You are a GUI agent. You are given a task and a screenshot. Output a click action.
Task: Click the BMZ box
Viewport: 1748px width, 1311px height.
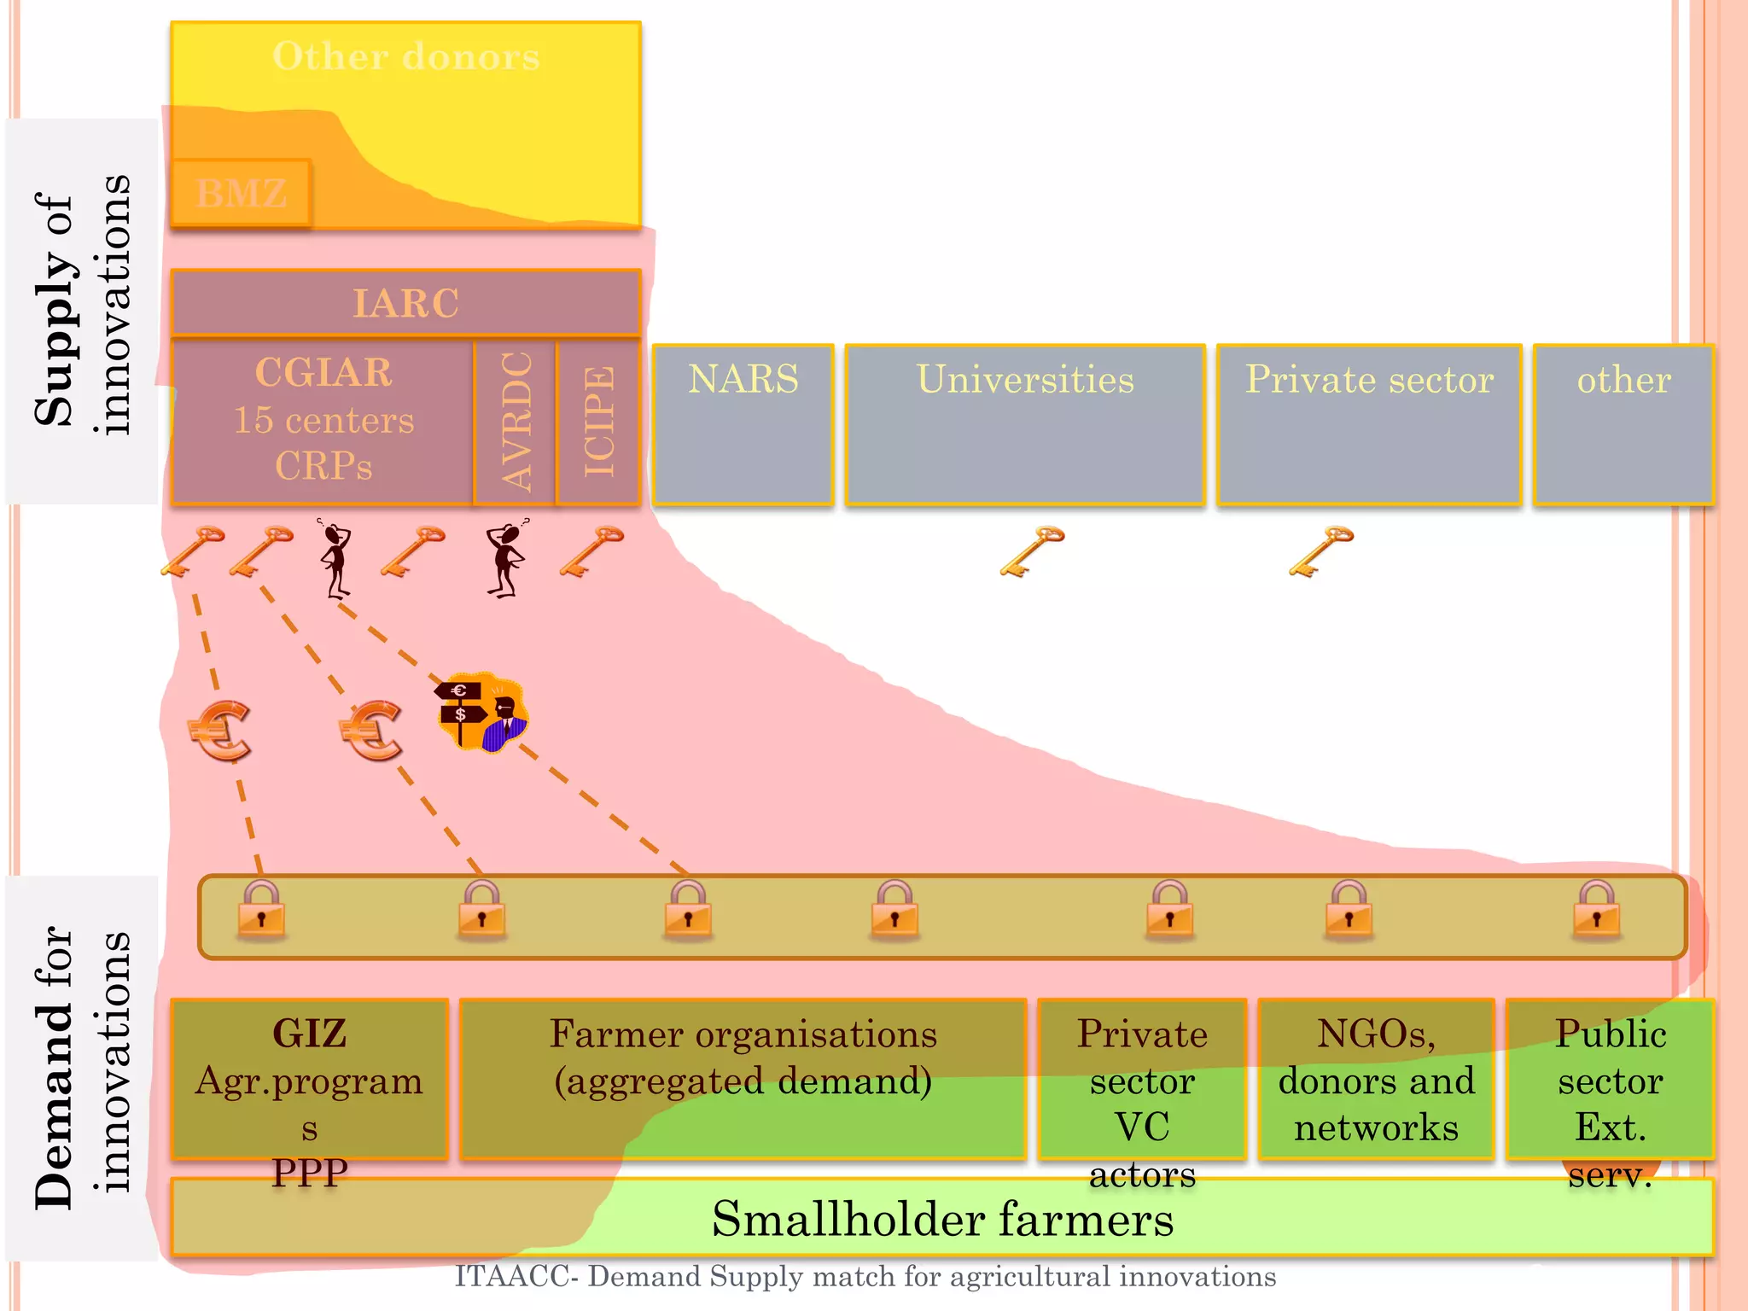click(x=241, y=193)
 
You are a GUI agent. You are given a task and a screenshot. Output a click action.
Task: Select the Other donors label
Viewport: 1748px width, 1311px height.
click(x=405, y=56)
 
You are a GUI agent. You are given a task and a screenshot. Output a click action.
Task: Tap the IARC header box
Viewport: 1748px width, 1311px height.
click(x=405, y=303)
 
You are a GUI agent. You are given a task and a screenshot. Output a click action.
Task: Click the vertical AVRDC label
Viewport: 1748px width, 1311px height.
click(x=516, y=422)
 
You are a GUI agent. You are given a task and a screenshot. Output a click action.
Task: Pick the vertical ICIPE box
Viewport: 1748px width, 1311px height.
click(x=598, y=422)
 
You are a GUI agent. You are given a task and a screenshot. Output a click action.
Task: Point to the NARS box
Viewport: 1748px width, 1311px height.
click(x=743, y=424)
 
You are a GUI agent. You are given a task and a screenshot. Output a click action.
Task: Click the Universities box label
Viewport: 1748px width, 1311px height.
click(x=1025, y=379)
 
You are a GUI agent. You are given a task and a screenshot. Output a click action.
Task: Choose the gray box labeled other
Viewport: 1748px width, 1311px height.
click(x=1623, y=424)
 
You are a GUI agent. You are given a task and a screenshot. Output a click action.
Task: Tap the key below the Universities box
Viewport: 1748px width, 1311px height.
click(x=1032, y=551)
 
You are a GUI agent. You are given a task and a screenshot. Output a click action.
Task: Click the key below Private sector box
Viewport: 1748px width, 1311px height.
click(x=1321, y=551)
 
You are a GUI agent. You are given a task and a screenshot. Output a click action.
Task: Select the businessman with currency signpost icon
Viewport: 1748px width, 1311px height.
click(x=483, y=712)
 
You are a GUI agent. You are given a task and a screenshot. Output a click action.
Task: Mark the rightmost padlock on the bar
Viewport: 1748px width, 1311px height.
click(x=1596, y=910)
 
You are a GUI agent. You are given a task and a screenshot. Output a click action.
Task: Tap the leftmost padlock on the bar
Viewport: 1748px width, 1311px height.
click(x=261, y=910)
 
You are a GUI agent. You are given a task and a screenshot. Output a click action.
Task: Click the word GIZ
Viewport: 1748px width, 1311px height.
click(x=309, y=1033)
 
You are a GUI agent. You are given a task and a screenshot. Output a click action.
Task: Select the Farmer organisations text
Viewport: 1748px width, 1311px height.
click(x=743, y=1034)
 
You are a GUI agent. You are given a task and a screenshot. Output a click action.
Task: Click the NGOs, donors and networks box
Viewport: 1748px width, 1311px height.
click(x=1376, y=1080)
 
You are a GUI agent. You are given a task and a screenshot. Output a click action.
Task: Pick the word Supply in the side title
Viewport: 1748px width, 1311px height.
click(x=53, y=337)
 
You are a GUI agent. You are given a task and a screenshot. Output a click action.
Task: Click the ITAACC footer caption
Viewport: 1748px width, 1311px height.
click(x=865, y=1276)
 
